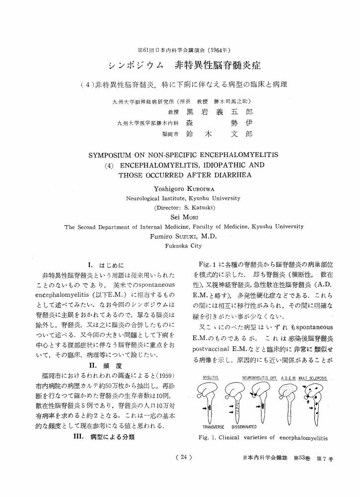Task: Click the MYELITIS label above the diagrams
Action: pos(211,379)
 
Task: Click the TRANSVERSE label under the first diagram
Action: pos(214,426)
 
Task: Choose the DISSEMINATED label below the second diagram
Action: pos(244,426)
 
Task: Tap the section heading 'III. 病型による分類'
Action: pos(104,437)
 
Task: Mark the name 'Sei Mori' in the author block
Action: pos(180,217)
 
